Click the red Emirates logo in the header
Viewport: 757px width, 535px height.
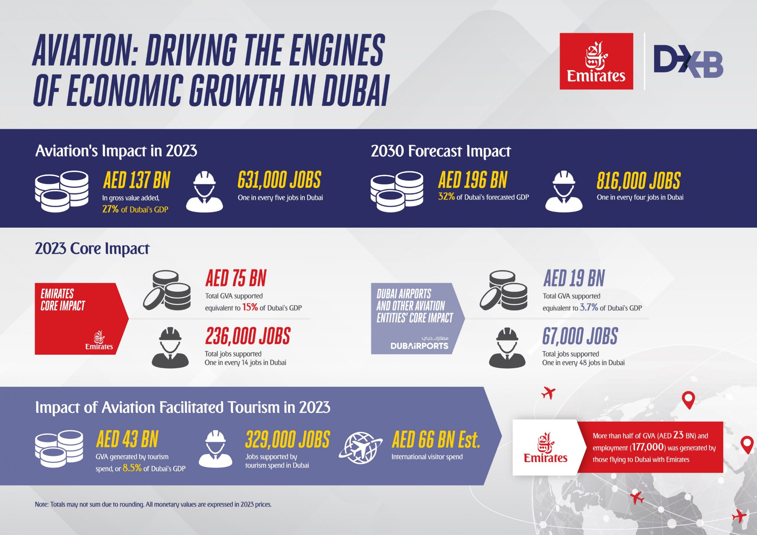coord(596,61)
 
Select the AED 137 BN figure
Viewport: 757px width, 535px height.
coord(137,180)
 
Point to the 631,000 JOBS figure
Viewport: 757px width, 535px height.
coord(279,180)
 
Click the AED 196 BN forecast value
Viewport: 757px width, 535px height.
coord(473,180)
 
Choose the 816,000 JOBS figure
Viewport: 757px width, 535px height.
coord(638,181)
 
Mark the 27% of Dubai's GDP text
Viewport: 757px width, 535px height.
coord(135,210)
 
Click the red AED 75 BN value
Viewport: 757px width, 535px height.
coord(236,278)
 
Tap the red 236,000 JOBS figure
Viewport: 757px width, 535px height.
coord(248,336)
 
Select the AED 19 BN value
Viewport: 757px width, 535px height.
coord(574,278)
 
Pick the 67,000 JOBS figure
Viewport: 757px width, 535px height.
coord(580,336)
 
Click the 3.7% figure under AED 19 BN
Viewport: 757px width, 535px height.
coord(588,307)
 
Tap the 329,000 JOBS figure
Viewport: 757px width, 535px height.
coord(287,440)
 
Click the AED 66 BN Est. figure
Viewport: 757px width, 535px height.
coord(436,440)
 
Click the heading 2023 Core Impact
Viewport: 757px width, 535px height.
coord(92,249)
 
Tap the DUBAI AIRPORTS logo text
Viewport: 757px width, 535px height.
coord(419,346)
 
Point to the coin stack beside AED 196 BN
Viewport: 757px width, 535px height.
coord(397,191)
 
